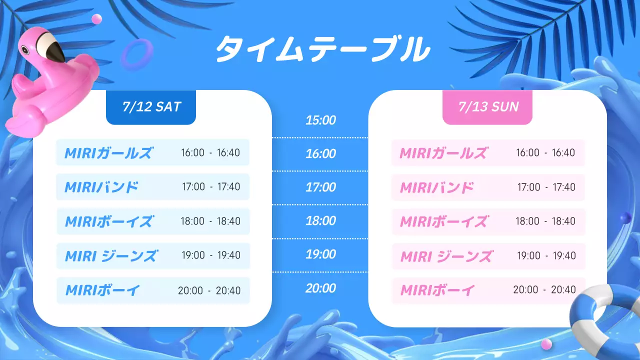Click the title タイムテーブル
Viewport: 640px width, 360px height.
[x=322, y=49]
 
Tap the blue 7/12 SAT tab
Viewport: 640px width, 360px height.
[x=151, y=106]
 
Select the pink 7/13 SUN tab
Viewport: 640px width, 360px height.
[x=487, y=106]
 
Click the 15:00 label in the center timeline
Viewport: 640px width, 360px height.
[x=320, y=120]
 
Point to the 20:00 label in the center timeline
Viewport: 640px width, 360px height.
[x=320, y=288]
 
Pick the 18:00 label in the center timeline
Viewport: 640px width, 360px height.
[x=320, y=220]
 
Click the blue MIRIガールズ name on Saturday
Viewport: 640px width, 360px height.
[x=108, y=152]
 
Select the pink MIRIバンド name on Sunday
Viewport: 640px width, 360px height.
[x=436, y=187]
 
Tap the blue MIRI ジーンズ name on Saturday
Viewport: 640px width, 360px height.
[x=110, y=256]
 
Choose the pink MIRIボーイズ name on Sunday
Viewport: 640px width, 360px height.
[x=443, y=221]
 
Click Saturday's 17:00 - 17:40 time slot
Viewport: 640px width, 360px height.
[x=211, y=187]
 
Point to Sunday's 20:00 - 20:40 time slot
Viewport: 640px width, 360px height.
[x=544, y=289]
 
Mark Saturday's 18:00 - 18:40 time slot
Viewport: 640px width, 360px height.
[x=211, y=221]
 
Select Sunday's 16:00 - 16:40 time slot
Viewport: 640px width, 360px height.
[x=545, y=152]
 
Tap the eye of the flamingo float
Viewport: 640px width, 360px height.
[x=25, y=49]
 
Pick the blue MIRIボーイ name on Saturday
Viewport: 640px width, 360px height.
[x=102, y=289]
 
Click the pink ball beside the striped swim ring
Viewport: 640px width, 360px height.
[x=546, y=343]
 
